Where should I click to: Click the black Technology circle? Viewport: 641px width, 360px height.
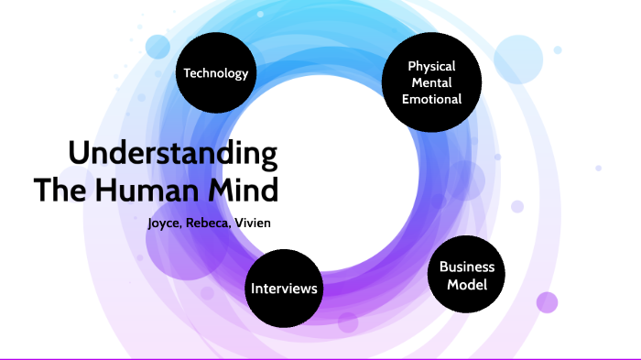[216, 73]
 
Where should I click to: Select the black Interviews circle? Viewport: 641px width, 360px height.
[285, 289]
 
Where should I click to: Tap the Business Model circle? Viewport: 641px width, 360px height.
[467, 276]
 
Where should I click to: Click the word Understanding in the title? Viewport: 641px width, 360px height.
[173, 153]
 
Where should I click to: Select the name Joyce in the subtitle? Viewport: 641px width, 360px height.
[166, 223]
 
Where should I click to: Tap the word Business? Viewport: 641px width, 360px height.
[467, 267]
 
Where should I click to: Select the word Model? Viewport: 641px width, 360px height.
[467, 285]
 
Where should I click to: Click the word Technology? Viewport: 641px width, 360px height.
[216, 73]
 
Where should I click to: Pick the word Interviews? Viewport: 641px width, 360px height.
[285, 289]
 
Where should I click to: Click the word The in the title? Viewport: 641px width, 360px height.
[56, 190]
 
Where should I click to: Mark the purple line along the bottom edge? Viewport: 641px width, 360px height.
[320, 358]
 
